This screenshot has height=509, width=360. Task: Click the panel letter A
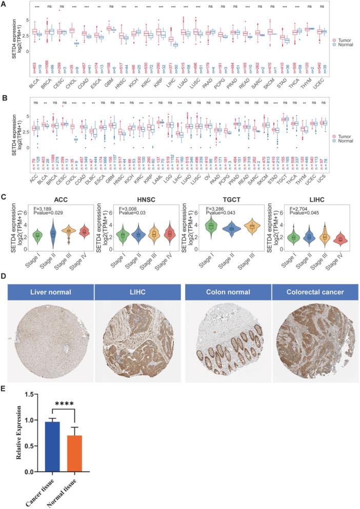5,4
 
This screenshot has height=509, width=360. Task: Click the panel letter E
5,390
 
